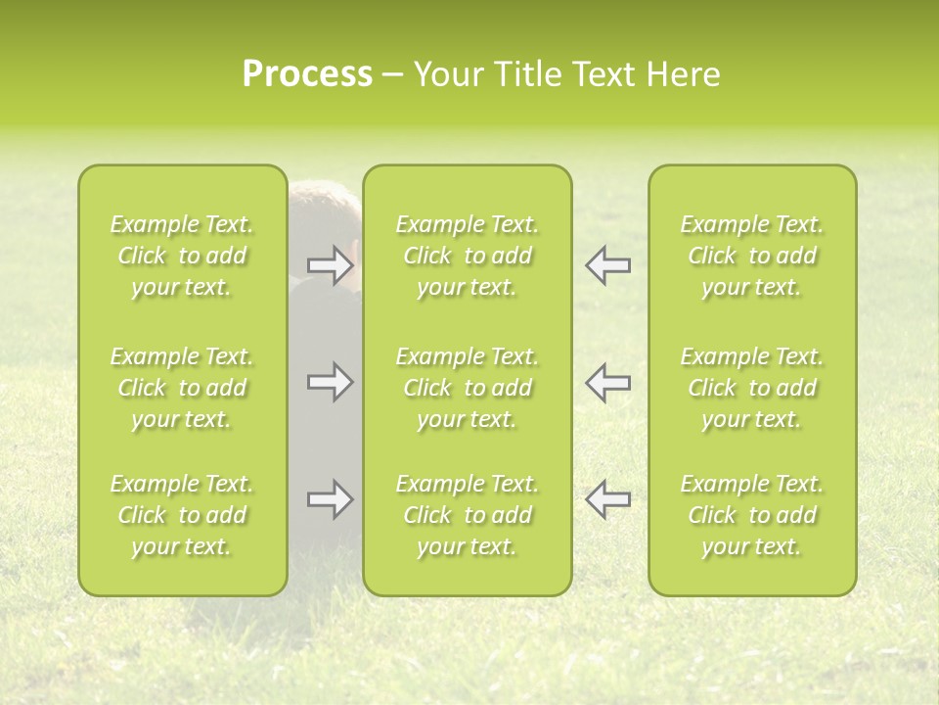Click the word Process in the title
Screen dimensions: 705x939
[x=307, y=74]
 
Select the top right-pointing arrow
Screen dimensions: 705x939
[x=330, y=264]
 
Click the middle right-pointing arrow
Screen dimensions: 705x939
[x=330, y=382]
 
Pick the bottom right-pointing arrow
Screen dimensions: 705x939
[x=330, y=499]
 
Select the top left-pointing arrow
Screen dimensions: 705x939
[x=607, y=264]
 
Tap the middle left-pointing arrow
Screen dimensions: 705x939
[x=607, y=382]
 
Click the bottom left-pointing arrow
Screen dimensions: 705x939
[x=607, y=499]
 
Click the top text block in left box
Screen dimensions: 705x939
[x=182, y=256]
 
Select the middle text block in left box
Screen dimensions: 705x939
[x=182, y=388]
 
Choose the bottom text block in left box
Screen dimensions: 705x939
[x=182, y=515]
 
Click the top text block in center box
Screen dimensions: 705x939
[x=467, y=256]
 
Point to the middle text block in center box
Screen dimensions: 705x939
[x=467, y=388]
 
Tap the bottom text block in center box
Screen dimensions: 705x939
[x=467, y=515]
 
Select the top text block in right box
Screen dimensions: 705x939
[x=751, y=256]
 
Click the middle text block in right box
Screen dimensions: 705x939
[x=751, y=388]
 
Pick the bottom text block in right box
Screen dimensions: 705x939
[x=751, y=515]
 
